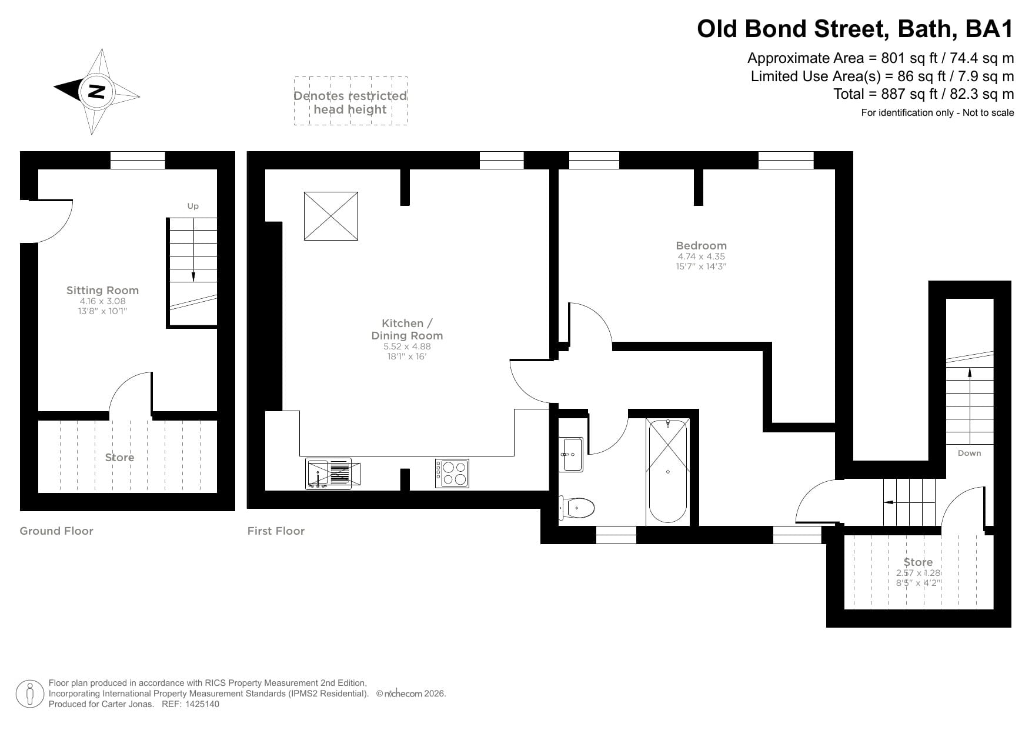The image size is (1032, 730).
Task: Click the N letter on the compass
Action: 96,91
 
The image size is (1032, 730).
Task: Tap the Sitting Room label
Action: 102,290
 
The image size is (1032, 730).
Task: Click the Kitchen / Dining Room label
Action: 407,329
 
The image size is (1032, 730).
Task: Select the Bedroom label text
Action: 701,246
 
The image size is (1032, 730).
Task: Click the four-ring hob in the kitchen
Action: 452,474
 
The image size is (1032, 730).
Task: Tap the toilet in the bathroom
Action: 577,507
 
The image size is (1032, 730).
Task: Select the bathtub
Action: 667,471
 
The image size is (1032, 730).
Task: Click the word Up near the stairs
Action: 193,206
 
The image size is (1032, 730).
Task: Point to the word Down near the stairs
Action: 969,453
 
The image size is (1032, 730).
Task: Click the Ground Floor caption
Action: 56,531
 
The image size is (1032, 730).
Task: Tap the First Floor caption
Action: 276,531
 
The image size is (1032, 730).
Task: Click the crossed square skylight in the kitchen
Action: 330,216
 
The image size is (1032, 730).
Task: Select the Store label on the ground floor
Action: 119,457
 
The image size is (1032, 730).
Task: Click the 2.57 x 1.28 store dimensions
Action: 919,573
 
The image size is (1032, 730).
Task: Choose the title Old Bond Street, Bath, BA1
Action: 855,29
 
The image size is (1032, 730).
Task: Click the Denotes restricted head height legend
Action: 350,102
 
